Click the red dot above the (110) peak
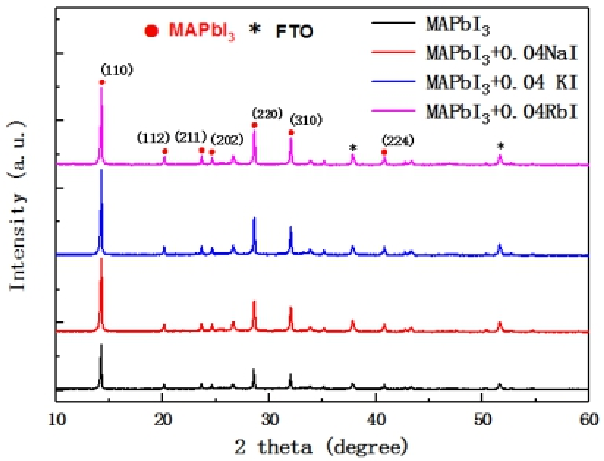pyautogui.click(x=102, y=82)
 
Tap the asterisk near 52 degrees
pyautogui.click(x=501, y=146)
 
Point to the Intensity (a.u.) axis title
pyautogui.click(x=17, y=206)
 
